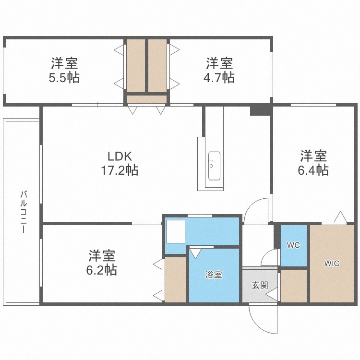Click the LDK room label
[120, 156]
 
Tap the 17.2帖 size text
[120, 170]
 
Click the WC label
[293, 245]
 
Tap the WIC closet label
[332, 263]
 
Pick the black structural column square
[261, 110]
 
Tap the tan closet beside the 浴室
[176, 279]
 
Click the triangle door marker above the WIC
[340, 217]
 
